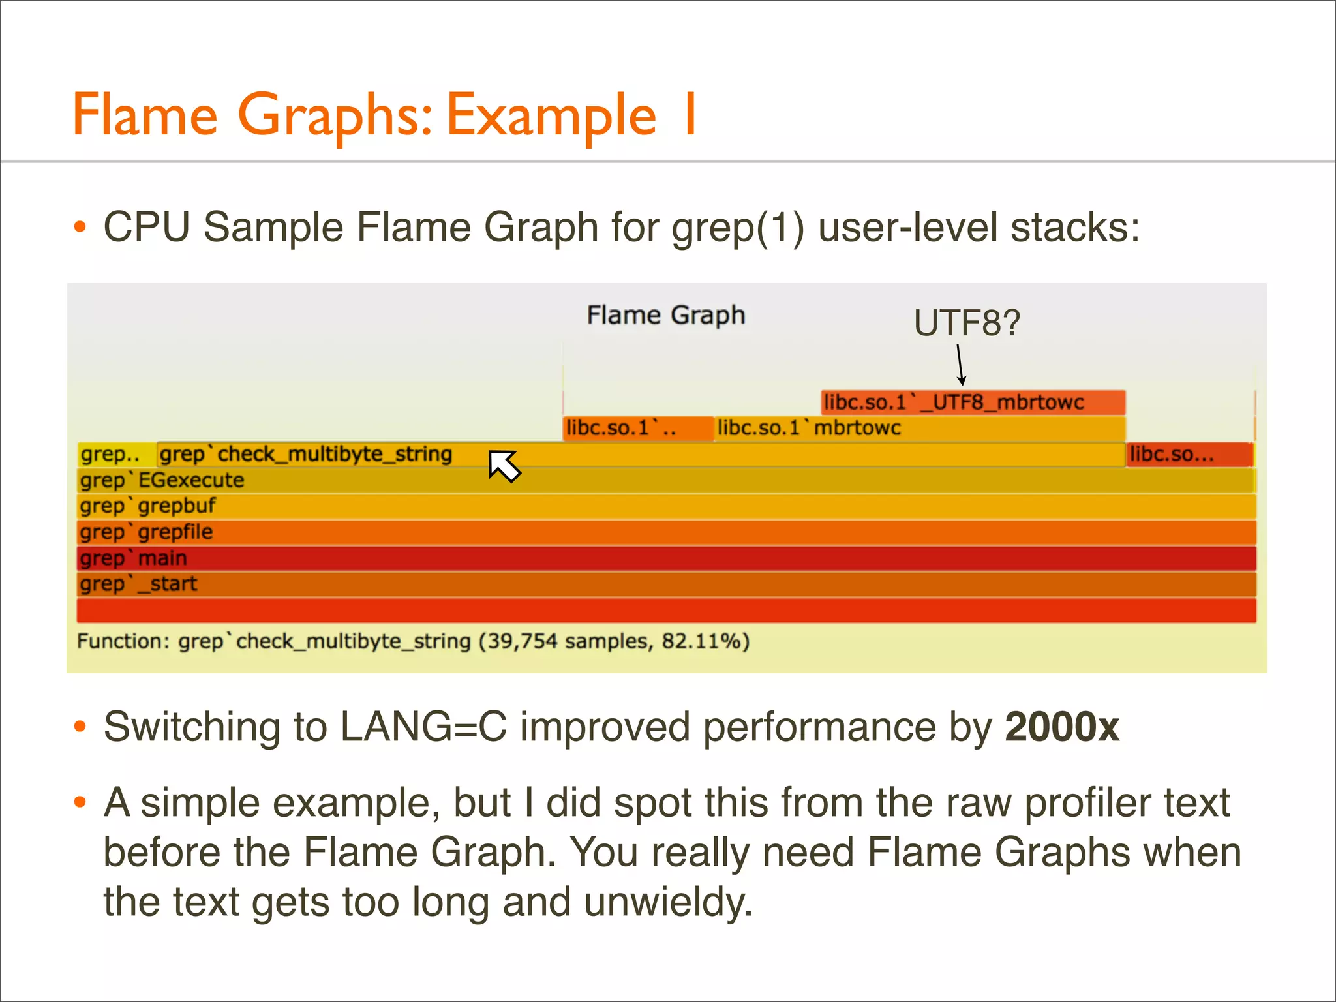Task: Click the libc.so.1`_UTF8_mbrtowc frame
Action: pos(972,402)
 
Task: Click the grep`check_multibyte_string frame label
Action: pos(305,454)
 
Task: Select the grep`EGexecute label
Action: pos(162,481)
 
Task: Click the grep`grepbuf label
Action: pos(147,506)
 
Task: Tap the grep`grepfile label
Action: pos(146,532)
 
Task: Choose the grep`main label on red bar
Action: pos(133,558)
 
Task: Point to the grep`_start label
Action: pos(138,584)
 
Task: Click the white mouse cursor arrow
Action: pos(504,465)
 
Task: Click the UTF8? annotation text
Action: pos(966,323)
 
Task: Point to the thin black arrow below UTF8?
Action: pos(960,365)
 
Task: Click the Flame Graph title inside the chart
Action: pos(665,315)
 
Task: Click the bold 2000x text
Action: pos(1061,727)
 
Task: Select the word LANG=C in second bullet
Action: pos(423,727)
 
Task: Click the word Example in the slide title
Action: pos(551,115)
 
